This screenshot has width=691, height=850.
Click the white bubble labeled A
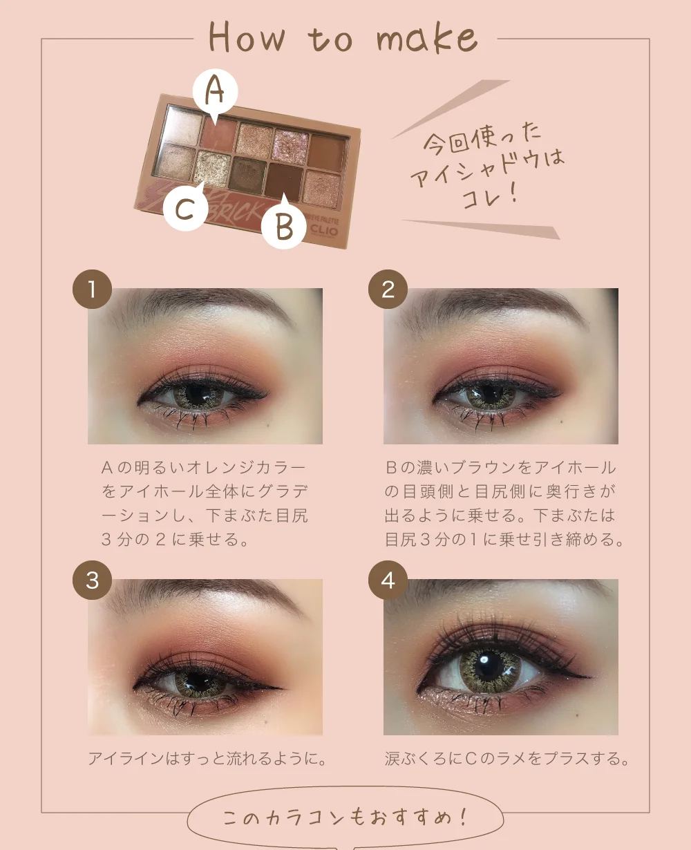coord(215,92)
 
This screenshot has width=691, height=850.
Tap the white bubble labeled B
coord(284,226)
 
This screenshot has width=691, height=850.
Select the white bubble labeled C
coord(186,208)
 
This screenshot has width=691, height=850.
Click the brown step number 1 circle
coord(92,290)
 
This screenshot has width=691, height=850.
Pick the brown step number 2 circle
coord(388,290)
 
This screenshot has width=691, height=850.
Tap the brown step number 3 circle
coord(92,580)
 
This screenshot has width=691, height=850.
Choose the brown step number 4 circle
coord(388,580)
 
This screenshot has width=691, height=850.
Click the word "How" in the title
coord(247,37)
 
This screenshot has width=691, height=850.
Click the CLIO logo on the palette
coord(323,231)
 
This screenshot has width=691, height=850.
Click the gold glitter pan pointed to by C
coord(212,169)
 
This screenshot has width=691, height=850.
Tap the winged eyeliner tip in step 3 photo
coord(281,688)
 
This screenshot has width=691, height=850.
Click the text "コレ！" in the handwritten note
coord(489,196)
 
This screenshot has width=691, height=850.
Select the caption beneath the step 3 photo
coord(207,759)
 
